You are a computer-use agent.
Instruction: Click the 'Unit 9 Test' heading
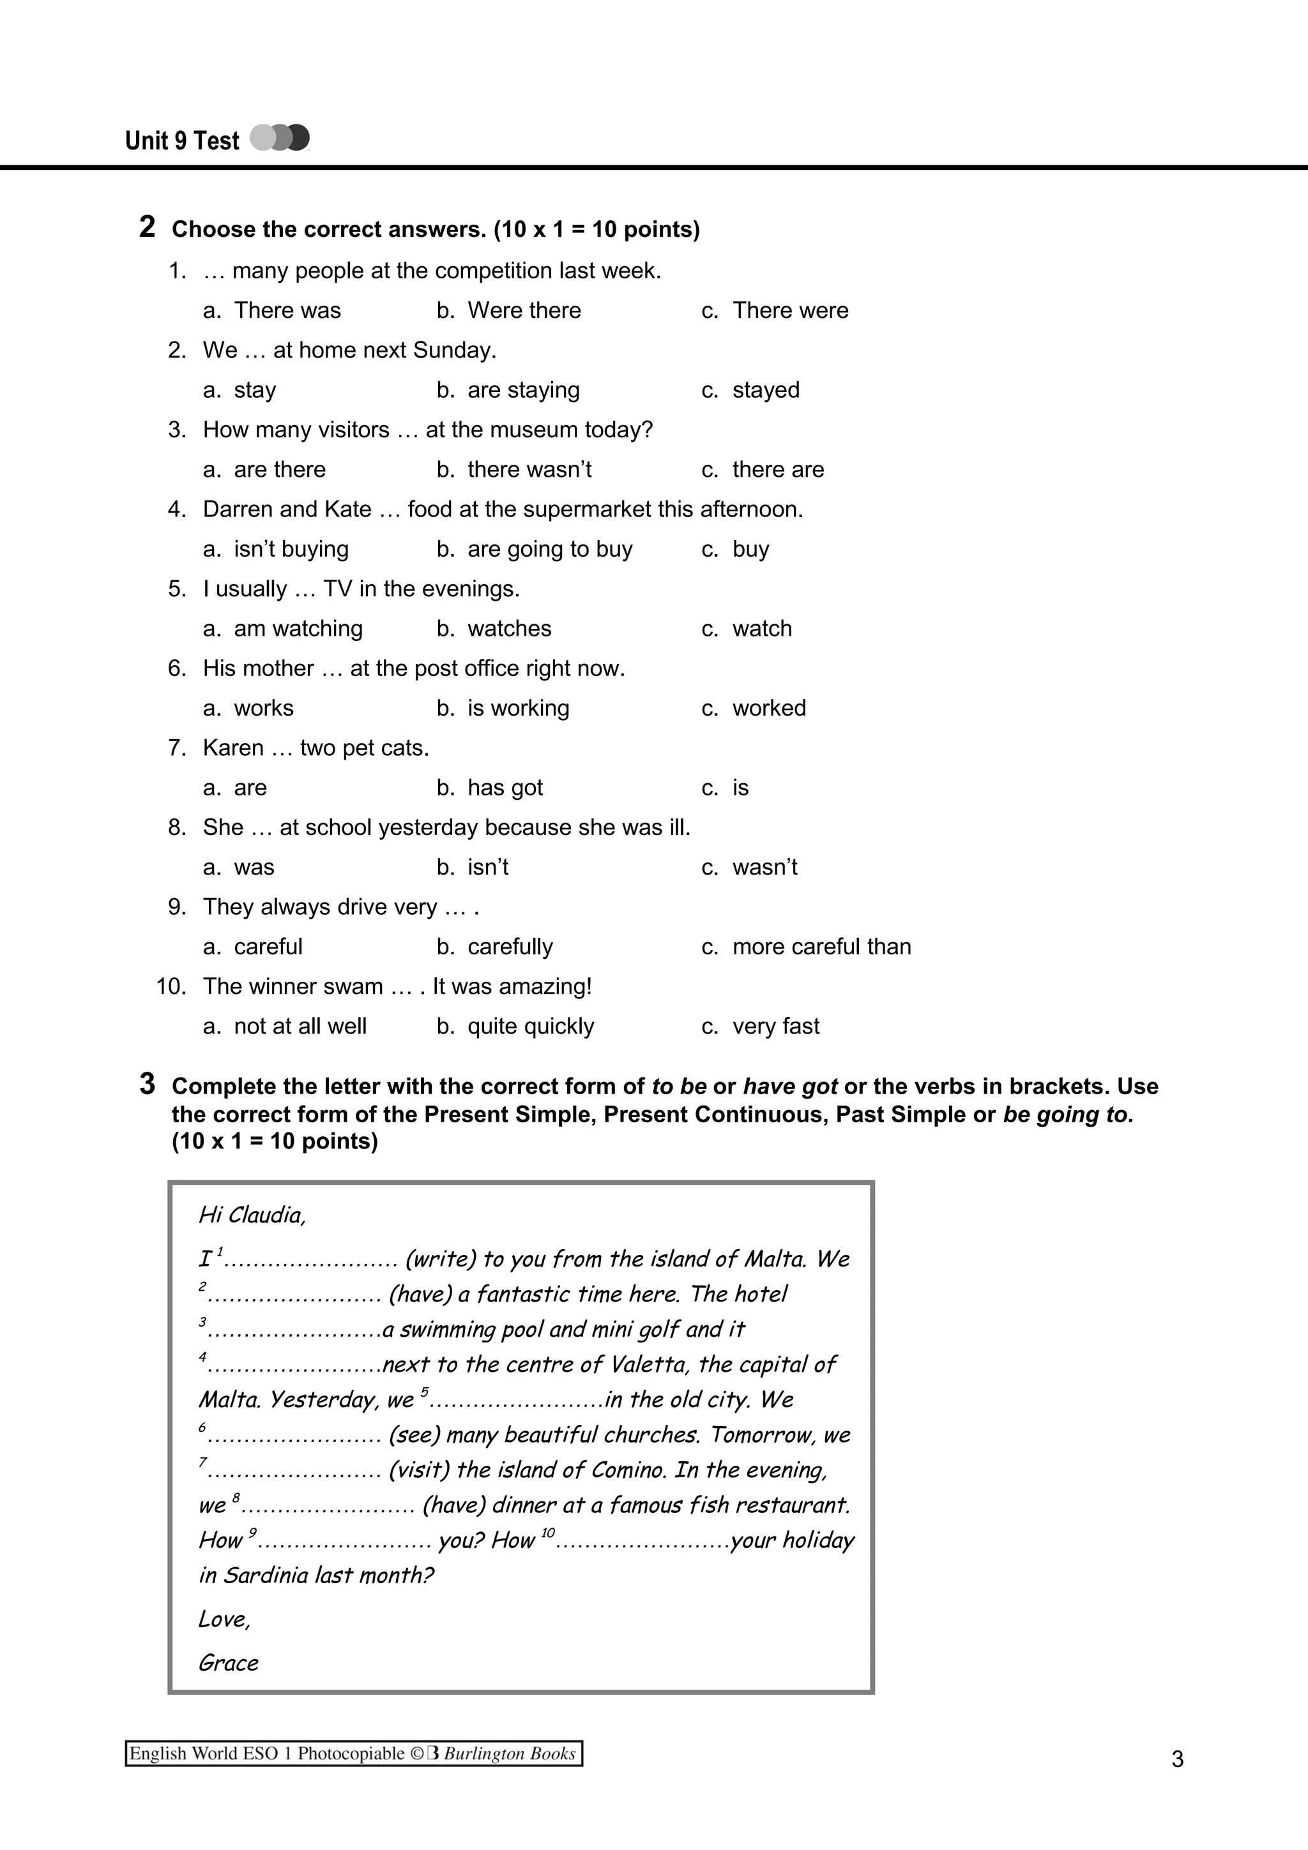point(182,141)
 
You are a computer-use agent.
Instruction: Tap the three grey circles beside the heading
point(280,138)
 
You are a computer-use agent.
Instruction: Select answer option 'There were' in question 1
point(790,310)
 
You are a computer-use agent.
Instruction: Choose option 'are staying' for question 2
point(523,390)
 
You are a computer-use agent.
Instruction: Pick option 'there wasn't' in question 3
point(529,470)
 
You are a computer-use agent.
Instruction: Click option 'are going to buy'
point(550,550)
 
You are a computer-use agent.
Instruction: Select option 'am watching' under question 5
point(298,629)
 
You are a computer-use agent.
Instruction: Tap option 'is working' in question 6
point(518,708)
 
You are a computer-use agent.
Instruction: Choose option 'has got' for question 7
point(505,788)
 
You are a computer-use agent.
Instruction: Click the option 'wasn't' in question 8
point(764,868)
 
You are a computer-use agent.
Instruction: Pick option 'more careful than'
point(821,947)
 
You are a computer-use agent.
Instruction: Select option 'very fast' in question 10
point(775,1027)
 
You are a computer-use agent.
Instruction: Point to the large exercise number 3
point(147,1084)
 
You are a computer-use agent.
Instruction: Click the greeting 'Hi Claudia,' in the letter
point(252,1215)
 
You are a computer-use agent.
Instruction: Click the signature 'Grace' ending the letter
point(229,1663)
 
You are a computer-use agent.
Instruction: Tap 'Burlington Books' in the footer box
point(509,1754)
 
